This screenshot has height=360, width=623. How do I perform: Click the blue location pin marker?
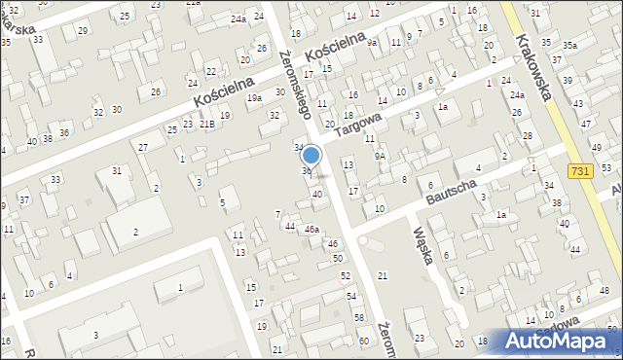tap(311, 155)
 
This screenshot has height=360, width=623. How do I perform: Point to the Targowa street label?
tap(359, 126)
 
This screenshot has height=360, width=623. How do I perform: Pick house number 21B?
tap(207, 125)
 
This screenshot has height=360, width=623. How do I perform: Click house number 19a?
tap(254, 98)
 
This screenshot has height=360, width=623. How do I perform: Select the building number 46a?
tap(311, 230)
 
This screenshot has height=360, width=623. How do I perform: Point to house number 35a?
tap(569, 46)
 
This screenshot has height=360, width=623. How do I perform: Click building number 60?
tap(363, 341)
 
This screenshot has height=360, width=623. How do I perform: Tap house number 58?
tap(358, 319)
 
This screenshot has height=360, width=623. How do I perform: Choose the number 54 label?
tap(350, 296)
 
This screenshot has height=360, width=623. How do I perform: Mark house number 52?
tap(345, 276)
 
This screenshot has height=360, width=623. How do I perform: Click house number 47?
tap(585, 125)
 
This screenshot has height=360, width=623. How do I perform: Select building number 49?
tap(596, 147)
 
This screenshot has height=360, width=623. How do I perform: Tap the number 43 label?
tap(578, 104)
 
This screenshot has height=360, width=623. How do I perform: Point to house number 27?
tap(142, 147)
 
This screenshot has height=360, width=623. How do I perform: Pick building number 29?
tap(82, 31)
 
